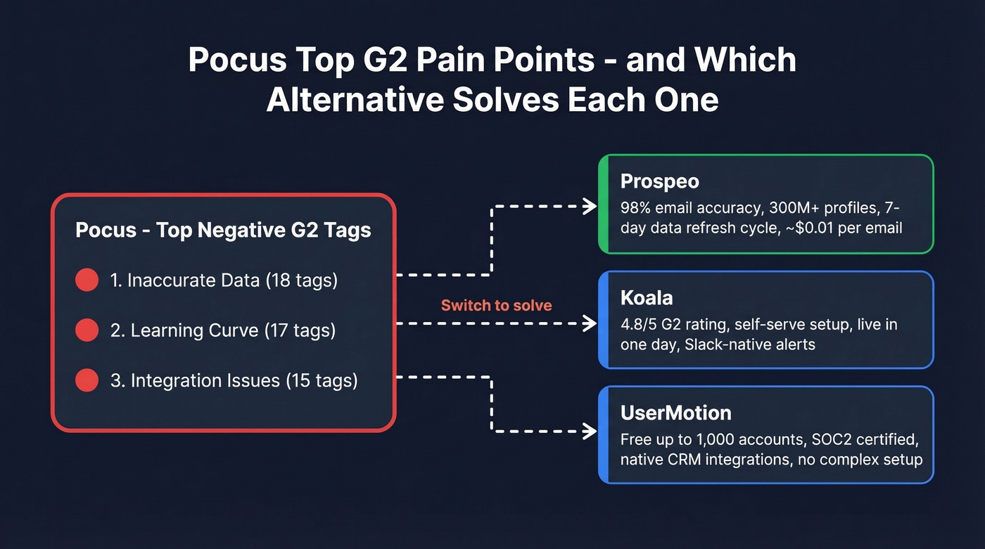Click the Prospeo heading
(x=659, y=181)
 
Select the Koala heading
(x=647, y=298)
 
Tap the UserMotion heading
(x=675, y=413)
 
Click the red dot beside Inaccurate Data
(x=87, y=280)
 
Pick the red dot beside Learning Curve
(x=87, y=330)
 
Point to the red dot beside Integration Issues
(x=87, y=381)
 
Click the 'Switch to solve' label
(x=496, y=305)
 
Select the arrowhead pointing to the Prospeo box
(x=590, y=206)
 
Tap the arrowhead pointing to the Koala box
(x=590, y=323)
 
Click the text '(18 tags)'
(x=301, y=280)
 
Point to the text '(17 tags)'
(x=300, y=330)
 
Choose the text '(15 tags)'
(x=322, y=381)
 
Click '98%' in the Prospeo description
(x=635, y=208)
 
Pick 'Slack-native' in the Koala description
(x=724, y=344)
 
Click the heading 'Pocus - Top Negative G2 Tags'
(x=223, y=231)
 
